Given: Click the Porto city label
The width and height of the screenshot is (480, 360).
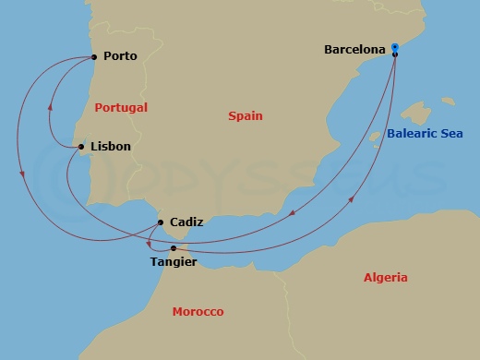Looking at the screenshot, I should [x=121, y=56].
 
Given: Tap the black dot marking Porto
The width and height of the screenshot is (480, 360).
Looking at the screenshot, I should [x=96, y=56].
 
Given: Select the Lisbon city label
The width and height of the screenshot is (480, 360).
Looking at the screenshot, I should [x=111, y=146].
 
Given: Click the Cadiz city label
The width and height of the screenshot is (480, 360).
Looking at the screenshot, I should [x=186, y=222].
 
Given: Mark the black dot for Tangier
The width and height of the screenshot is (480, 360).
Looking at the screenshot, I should [x=173, y=248].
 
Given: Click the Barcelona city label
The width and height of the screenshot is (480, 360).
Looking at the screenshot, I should [x=355, y=49].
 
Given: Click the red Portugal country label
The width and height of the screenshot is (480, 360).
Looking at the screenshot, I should [x=121, y=107].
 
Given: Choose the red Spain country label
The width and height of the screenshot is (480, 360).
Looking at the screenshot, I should [x=246, y=116].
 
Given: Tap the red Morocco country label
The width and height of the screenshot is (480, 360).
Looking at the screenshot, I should [x=198, y=312].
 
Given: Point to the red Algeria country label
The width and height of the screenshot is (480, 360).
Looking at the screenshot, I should [x=385, y=277].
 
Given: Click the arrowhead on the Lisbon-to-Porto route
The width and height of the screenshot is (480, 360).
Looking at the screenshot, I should [x=50, y=104].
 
